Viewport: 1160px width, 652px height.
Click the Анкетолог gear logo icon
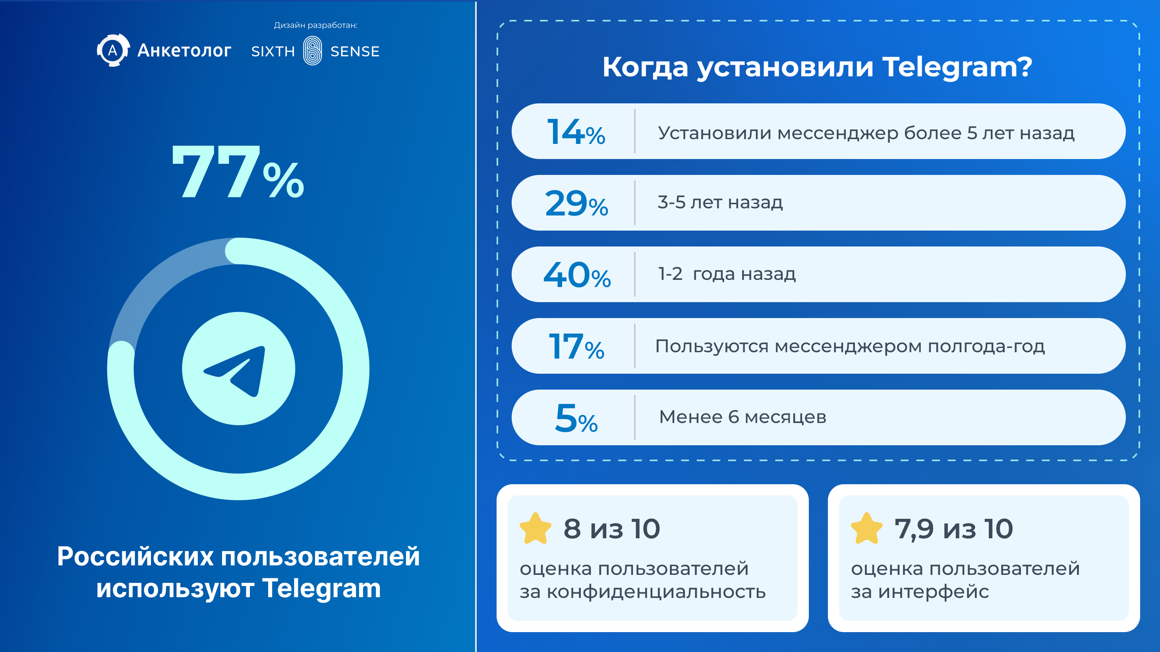(113, 50)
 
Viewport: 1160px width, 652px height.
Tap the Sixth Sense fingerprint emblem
(313, 50)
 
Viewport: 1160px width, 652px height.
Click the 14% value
(576, 132)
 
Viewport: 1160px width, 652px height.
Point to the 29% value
(576, 203)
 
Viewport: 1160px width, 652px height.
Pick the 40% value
(577, 274)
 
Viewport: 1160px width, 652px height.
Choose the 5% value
(576, 418)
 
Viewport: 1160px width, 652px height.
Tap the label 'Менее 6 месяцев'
(742, 417)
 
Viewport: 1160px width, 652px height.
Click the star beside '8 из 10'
(536, 528)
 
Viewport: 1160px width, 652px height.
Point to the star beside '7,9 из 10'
(867, 528)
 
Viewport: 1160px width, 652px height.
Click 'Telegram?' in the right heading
(957, 68)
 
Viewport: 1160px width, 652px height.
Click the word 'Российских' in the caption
(135, 556)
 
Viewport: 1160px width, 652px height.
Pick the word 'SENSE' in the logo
(355, 51)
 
